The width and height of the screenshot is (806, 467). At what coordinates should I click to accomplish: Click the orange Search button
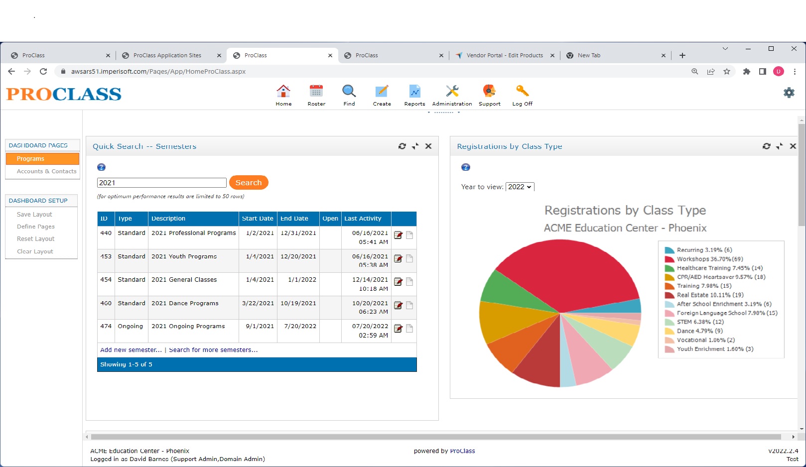[x=249, y=183]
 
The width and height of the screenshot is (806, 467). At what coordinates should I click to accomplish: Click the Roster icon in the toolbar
[x=316, y=92]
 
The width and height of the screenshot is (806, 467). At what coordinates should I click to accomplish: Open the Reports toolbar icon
[x=414, y=92]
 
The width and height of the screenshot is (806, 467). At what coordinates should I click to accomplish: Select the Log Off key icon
[x=522, y=92]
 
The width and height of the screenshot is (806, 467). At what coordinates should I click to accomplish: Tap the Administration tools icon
[x=452, y=92]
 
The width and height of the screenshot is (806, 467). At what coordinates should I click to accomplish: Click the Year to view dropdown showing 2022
[x=520, y=187]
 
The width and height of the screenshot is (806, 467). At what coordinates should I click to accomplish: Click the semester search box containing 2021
[x=161, y=183]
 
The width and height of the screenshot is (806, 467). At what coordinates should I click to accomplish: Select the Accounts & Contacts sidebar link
[x=46, y=171]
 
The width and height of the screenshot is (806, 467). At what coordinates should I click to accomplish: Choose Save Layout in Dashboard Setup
[x=34, y=215]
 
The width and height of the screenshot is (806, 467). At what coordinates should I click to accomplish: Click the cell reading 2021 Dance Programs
[x=185, y=303]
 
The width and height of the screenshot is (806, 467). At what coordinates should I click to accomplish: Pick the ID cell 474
[x=106, y=326]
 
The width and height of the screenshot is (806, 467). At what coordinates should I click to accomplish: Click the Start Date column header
[x=258, y=219]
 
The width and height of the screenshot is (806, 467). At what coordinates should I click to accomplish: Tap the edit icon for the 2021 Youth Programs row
[x=398, y=258]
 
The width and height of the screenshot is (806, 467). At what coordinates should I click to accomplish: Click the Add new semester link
[x=131, y=350]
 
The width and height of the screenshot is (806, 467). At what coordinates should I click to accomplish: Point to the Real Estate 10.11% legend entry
[x=710, y=295]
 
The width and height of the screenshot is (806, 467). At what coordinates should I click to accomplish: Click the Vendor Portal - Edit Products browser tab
[x=504, y=55]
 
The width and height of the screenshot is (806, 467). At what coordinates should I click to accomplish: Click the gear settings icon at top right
[x=789, y=93]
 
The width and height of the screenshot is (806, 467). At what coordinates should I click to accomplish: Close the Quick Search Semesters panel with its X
[x=428, y=146]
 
